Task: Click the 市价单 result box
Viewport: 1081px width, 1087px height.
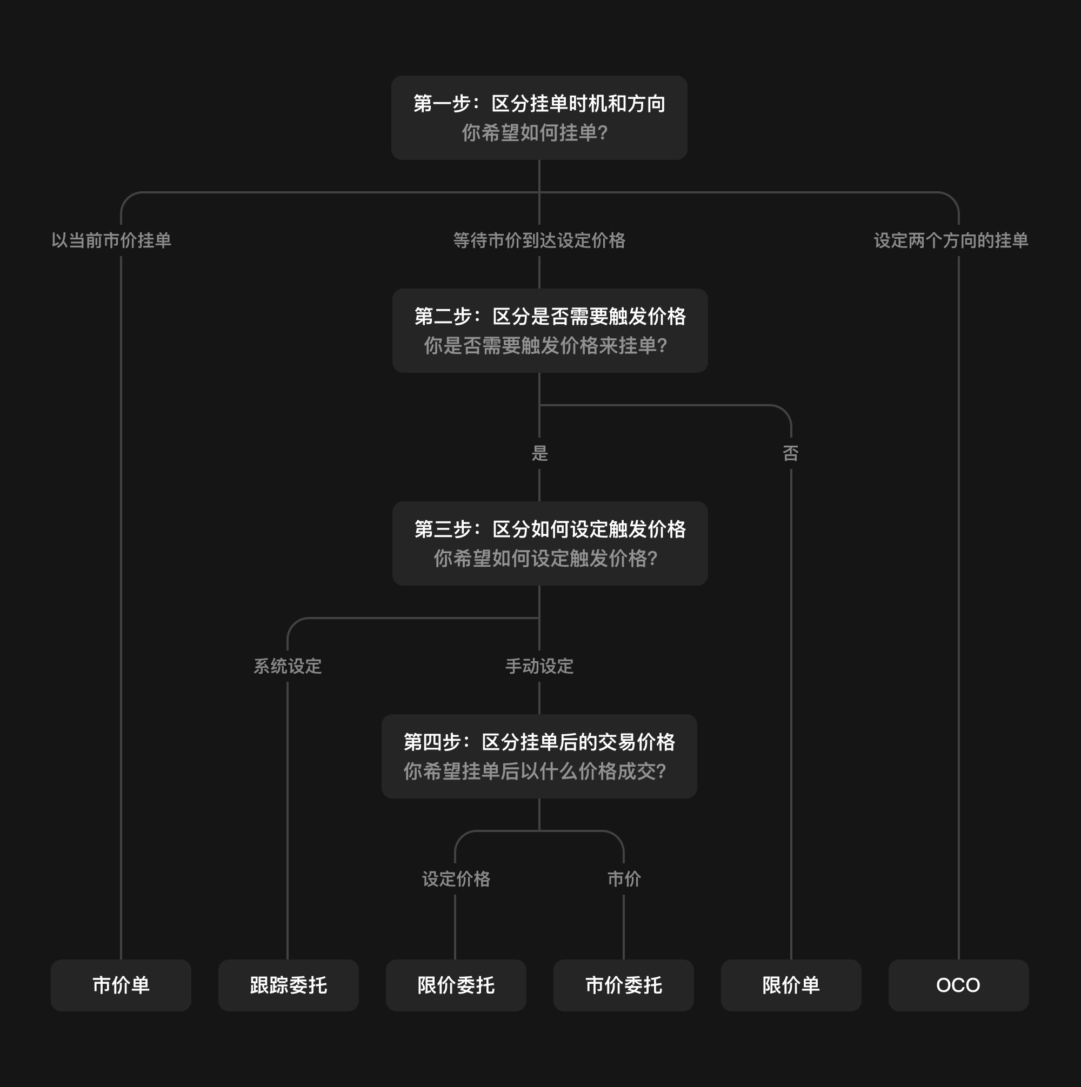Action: point(121,985)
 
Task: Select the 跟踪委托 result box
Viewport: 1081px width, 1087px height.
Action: point(288,985)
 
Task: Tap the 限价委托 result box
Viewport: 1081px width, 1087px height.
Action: point(456,985)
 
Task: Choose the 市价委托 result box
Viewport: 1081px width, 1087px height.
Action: point(623,985)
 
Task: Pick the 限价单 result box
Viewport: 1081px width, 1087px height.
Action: point(791,985)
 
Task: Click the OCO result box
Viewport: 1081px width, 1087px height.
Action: point(958,985)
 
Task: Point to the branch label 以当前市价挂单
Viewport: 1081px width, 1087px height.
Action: point(111,240)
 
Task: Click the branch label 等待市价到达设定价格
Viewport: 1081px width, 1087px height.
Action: point(539,240)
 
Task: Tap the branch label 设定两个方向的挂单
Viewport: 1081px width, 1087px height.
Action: point(951,240)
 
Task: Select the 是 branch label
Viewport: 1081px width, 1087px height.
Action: point(539,453)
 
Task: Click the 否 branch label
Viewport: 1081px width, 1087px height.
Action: point(790,453)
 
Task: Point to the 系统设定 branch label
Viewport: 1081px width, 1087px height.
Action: point(287,666)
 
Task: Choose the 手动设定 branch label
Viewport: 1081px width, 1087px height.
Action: point(539,666)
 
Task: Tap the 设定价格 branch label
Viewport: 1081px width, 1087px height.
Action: point(456,879)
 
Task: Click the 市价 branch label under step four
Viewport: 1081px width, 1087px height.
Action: point(624,879)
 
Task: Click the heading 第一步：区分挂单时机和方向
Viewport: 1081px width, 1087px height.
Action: point(539,104)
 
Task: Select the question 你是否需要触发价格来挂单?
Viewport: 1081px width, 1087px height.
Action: point(545,345)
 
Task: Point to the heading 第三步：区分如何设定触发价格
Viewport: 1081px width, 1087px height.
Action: point(550,529)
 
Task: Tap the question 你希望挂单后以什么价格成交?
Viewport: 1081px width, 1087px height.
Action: point(535,771)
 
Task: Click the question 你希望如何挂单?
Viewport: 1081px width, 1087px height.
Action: point(535,133)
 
